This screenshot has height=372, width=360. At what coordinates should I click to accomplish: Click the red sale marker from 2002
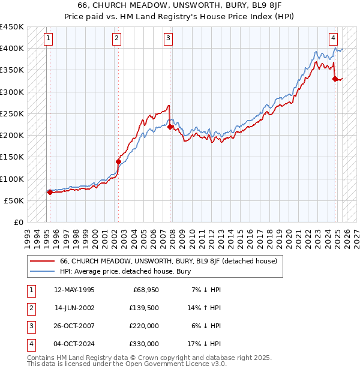coord(118,161)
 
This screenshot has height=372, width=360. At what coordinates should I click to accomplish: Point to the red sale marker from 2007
coord(170,127)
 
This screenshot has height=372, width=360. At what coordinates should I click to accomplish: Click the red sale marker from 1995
coord(50,192)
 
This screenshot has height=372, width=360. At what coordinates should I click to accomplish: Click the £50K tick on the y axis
coord(14,200)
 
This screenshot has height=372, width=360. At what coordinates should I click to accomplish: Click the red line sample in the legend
coord(43,261)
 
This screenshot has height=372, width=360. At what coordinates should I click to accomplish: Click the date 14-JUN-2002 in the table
coord(74,308)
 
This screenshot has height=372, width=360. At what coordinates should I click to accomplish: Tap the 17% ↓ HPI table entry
coord(206,344)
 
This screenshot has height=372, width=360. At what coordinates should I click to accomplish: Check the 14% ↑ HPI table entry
coord(206,308)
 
